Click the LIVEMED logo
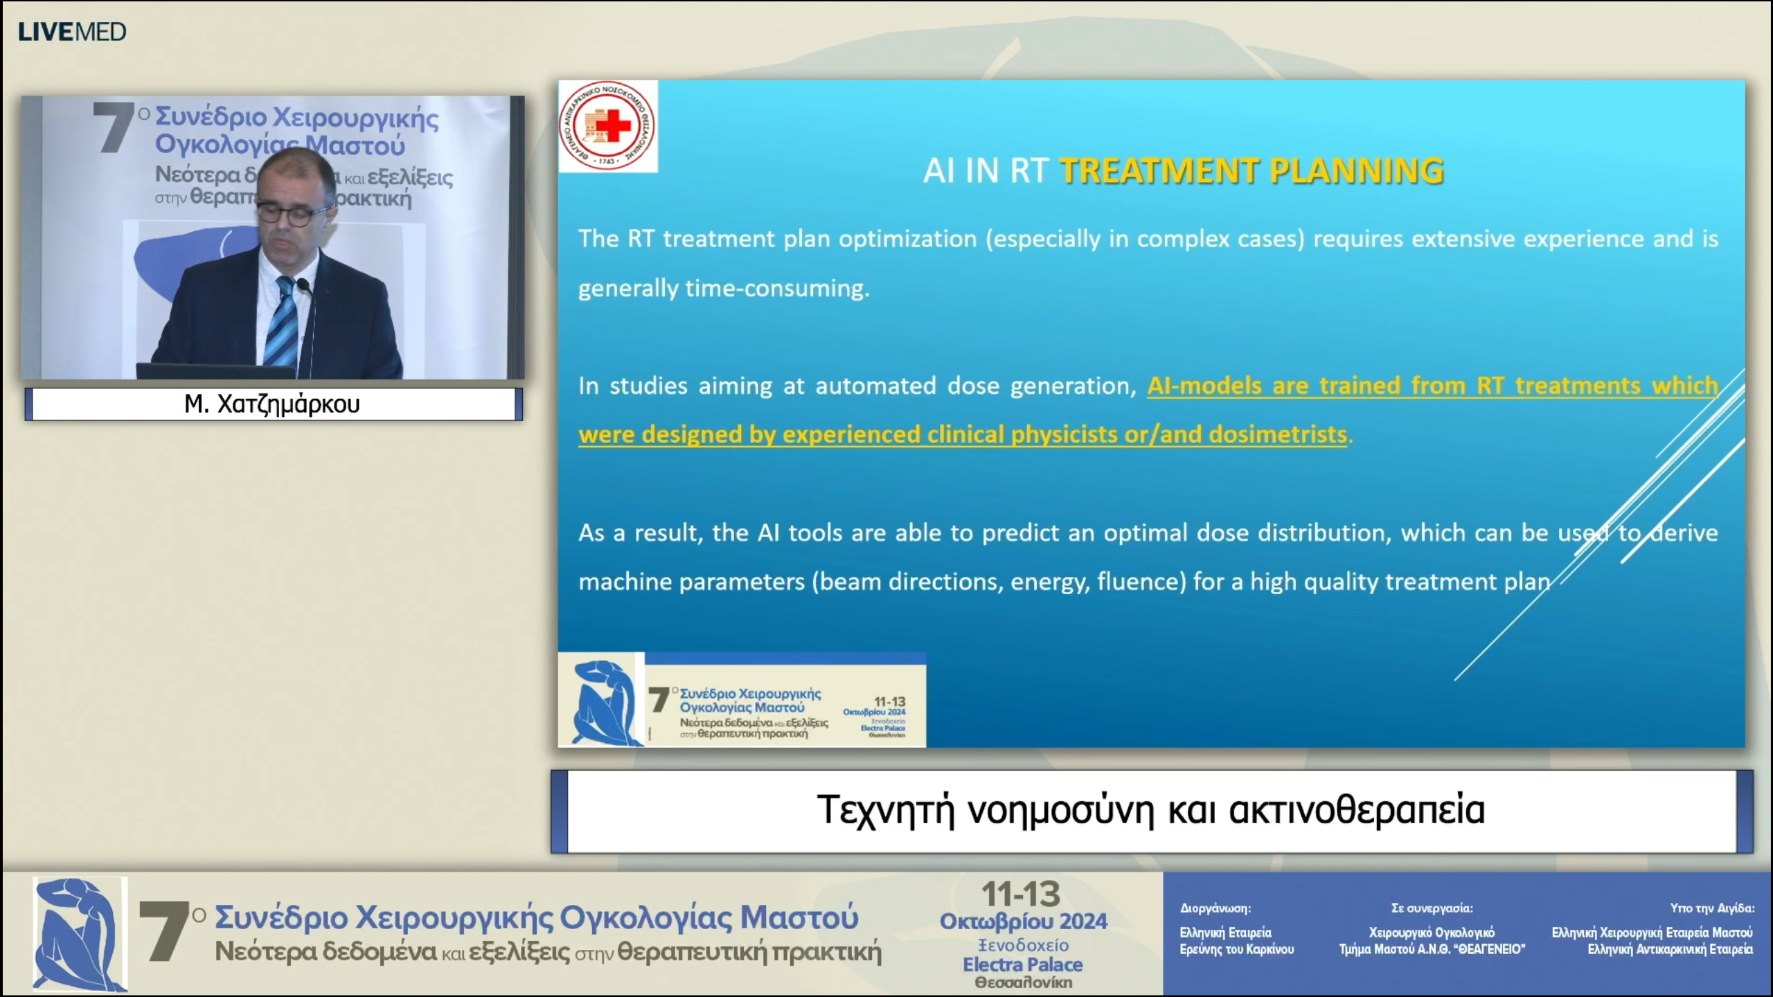click(x=72, y=32)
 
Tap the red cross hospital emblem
click(x=607, y=125)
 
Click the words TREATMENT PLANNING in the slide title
click(x=1251, y=171)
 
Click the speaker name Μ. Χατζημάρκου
click(x=272, y=404)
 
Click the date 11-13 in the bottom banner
click(x=1022, y=895)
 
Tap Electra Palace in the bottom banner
click(x=1022, y=964)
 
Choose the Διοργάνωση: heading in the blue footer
click(x=1215, y=908)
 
